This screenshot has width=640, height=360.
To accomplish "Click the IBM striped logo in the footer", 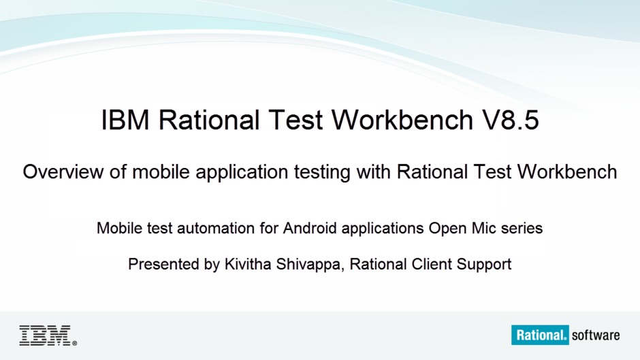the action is tap(45, 336).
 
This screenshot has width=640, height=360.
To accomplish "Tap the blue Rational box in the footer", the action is tap(540, 335).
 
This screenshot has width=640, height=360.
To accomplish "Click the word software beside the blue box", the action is tap(596, 336).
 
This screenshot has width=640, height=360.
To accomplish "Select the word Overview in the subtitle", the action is tap(63, 172).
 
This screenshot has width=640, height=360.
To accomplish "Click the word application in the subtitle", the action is tap(242, 173).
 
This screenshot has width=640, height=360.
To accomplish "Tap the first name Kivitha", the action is tap(248, 264).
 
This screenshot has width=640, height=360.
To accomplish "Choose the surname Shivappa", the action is tap(309, 265).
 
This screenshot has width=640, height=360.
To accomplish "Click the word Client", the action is tap(432, 264).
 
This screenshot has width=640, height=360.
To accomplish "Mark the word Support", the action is tap(484, 265).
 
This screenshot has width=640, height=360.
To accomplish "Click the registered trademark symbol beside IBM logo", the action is tap(74, 343).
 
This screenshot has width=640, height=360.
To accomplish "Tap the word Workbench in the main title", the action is tap(402, 120).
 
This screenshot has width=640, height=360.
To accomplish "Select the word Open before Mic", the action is tap(447, 229).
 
